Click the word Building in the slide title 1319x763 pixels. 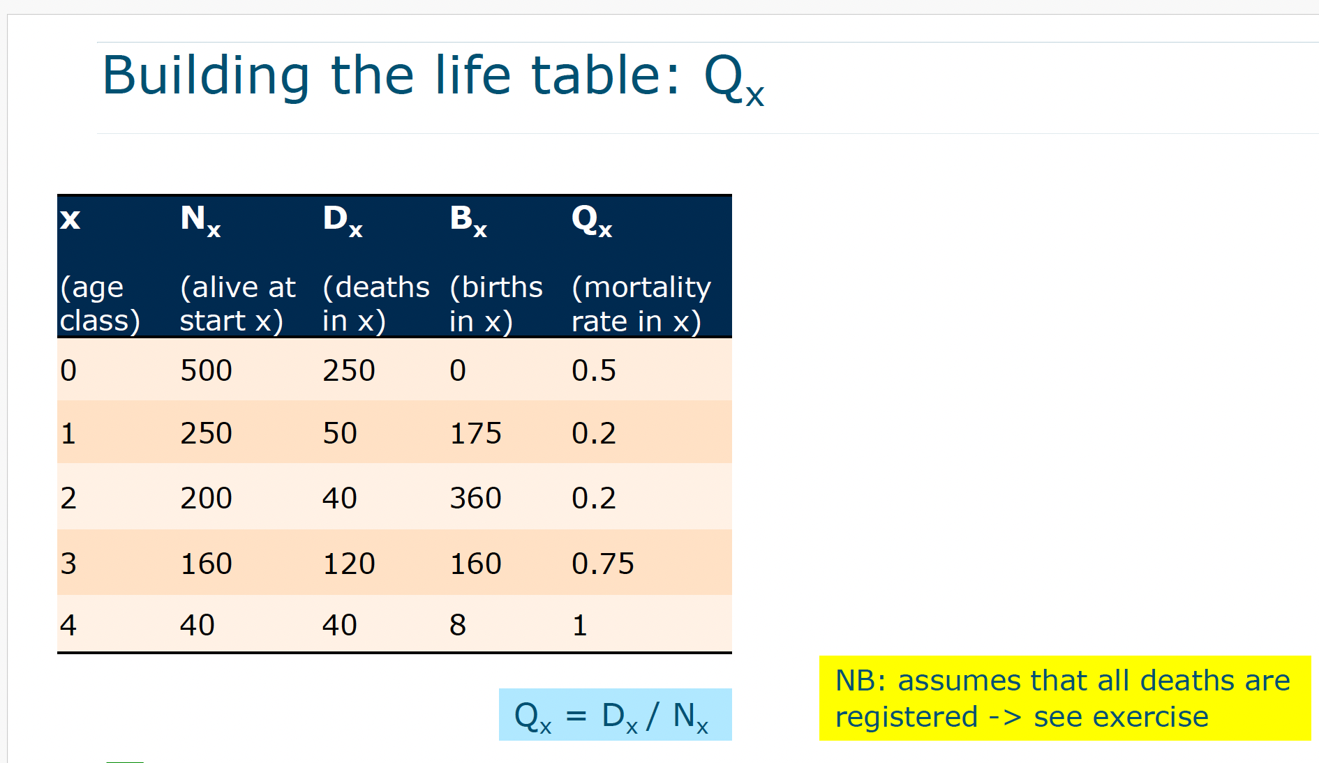(206, 75)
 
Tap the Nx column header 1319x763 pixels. (200, 220)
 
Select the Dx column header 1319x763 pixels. (343, 220)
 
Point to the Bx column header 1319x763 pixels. (468, 220)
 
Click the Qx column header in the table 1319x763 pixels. (592, 220)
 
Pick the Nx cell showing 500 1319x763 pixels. (206, 370)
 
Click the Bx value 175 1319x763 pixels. (475, 433)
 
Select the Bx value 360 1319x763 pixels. (475, 498)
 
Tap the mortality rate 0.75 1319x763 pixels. (603, 564)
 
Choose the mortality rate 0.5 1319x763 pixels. (594, 370)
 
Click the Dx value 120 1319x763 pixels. (349, 564)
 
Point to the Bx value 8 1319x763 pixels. (458, 625)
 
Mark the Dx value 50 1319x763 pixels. (340, 433)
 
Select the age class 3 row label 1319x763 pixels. (68, 564)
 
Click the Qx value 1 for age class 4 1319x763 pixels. (580, 625)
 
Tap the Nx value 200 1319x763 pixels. (206, 498)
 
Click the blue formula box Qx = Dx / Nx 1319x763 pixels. (615, 714)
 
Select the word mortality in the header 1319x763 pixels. (641, 287)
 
